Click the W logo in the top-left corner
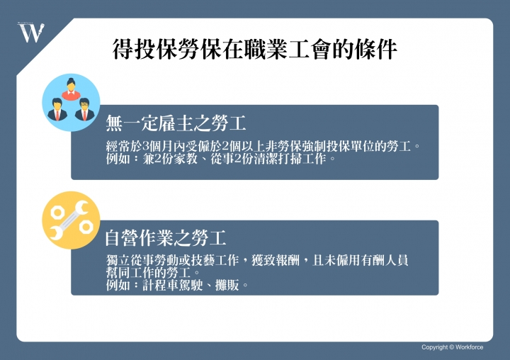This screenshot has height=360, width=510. click(x=30, y=32)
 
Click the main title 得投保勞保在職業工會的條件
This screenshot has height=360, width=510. click(x=254, y=50)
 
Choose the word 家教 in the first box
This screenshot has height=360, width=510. click(x=181, y=159)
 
